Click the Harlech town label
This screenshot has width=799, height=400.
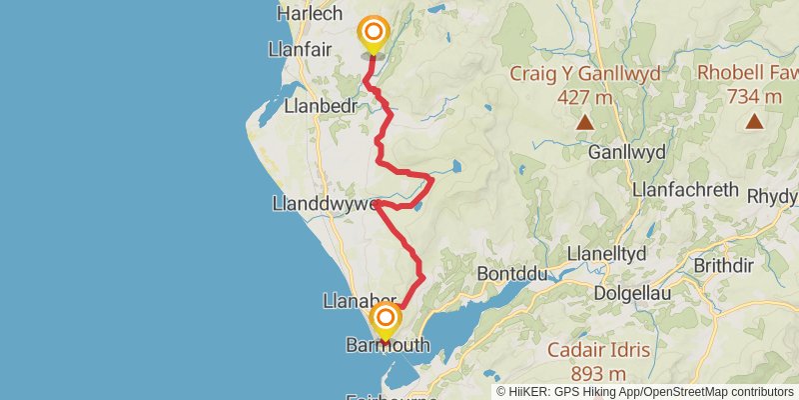click(308, 14)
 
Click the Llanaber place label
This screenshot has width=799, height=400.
click(361, 301)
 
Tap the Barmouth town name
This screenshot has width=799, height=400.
click(387, 345)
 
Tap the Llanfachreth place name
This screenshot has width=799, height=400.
click(685, 190)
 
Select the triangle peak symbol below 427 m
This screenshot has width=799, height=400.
click(584, 123)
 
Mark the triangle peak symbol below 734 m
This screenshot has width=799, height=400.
click(754, 122)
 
